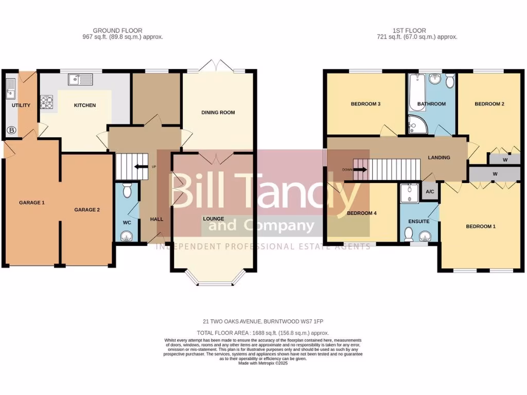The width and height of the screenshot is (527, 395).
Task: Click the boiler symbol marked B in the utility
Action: pyautogui.click(x=11, y=131)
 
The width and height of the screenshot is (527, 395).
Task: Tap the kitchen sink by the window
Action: pyautogui.click(x=80, y=80)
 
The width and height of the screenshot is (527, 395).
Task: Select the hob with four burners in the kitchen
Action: pyautogui.click(x=47, y=102)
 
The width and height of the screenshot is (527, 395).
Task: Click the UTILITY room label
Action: pyautogui.click(x=21, y=105)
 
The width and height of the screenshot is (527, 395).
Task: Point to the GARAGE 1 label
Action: pyautogui.click(x=32, y=203)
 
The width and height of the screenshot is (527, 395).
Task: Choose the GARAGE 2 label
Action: pyautogui.click(x=86, y=209)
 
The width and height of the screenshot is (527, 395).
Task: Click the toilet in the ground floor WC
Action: pyautogui.click(x=128, y=188)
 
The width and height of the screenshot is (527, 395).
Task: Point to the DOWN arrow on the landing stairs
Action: pyautogui.click(x=360, y=169)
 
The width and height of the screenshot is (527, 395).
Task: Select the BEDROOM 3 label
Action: pyautogui.click(x=365, y=104)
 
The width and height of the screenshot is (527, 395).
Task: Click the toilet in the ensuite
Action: pyautogui.click(x=409, y=234)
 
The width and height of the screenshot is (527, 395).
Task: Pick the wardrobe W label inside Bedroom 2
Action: pyautogui.click(x=504, y=160)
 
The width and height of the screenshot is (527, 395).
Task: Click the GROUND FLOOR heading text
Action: pyautogui.click(x=117, y=31)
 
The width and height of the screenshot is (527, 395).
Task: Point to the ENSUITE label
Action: pyautogui.click(x=419, y=221)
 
